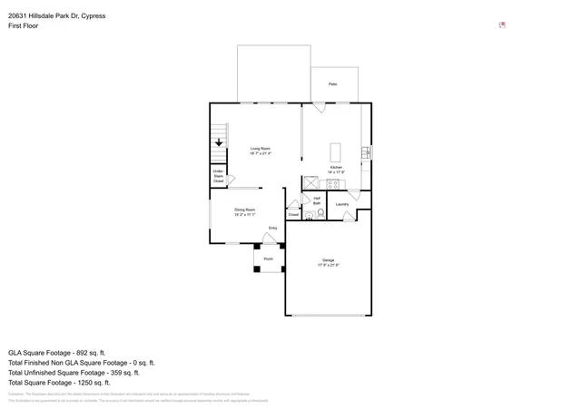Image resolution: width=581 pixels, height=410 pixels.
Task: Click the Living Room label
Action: point(261,151)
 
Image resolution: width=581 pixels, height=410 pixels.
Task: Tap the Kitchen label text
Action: point(336,170)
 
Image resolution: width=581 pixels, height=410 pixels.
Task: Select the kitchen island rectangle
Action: point(335,151)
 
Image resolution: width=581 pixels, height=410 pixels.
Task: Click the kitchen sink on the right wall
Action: point(366,152)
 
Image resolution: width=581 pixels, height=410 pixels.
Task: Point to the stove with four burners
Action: point(333,184)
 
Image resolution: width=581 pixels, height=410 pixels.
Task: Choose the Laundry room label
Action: point(342,204)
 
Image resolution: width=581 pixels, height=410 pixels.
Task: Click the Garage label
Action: point(328,262)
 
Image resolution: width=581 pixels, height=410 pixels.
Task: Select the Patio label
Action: point(333,84)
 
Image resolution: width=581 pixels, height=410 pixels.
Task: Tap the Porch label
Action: point(268,259)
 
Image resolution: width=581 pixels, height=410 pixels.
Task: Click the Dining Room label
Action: point(244,211)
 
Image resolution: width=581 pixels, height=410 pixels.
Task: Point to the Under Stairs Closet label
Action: point(218,176)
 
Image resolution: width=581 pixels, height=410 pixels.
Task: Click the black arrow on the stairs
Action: point(219,142)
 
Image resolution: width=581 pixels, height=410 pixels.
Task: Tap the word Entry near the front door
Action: point(272,228)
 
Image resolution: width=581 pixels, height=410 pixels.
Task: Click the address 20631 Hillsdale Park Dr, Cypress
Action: point(56,15)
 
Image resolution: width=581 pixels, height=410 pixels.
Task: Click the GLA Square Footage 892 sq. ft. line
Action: point(57,352)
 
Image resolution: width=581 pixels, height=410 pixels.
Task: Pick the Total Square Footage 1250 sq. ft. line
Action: point(59,383)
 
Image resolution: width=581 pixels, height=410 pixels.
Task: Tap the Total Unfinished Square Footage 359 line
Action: point(74,373)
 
